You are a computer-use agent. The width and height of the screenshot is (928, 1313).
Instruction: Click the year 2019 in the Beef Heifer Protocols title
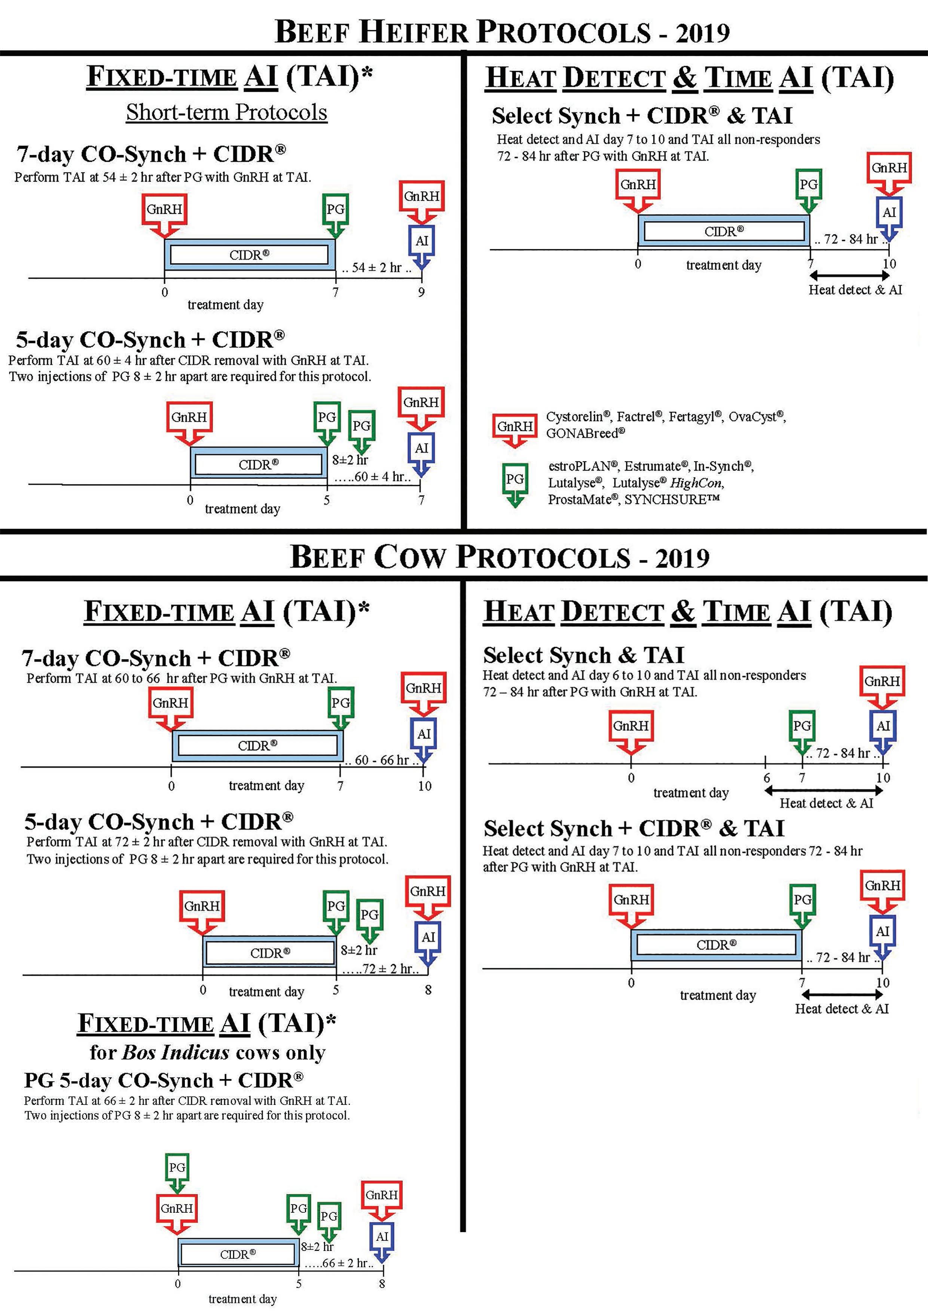(702, 33)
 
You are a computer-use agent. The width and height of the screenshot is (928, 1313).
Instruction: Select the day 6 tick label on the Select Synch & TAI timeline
(766, 778)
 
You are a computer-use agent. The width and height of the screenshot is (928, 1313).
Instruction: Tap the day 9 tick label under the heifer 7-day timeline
(421, 292)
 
